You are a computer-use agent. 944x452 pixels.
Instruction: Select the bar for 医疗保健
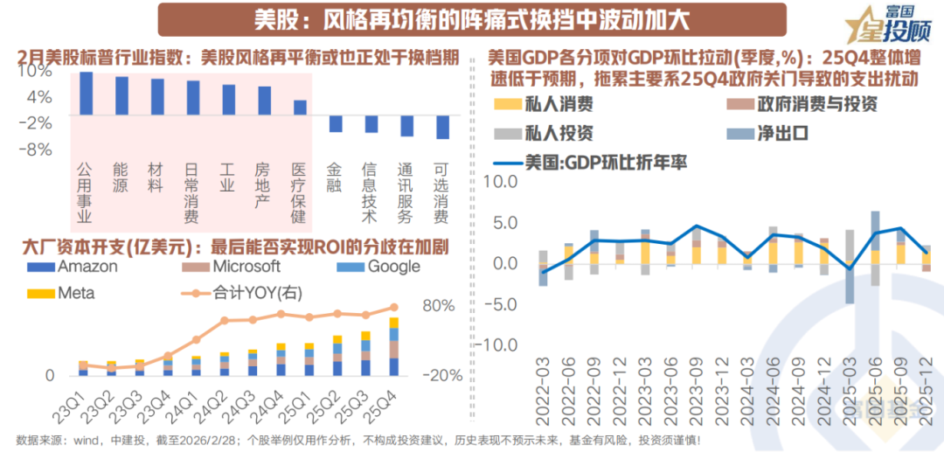[x=300, y=108]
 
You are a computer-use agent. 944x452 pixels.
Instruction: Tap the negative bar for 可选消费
[x=442, y=128]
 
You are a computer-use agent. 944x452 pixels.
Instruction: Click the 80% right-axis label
[x=440, y=307]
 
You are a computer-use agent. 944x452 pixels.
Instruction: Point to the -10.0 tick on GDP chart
[x=500, y=344]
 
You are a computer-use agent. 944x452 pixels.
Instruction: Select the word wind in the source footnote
[x=94, y=439]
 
